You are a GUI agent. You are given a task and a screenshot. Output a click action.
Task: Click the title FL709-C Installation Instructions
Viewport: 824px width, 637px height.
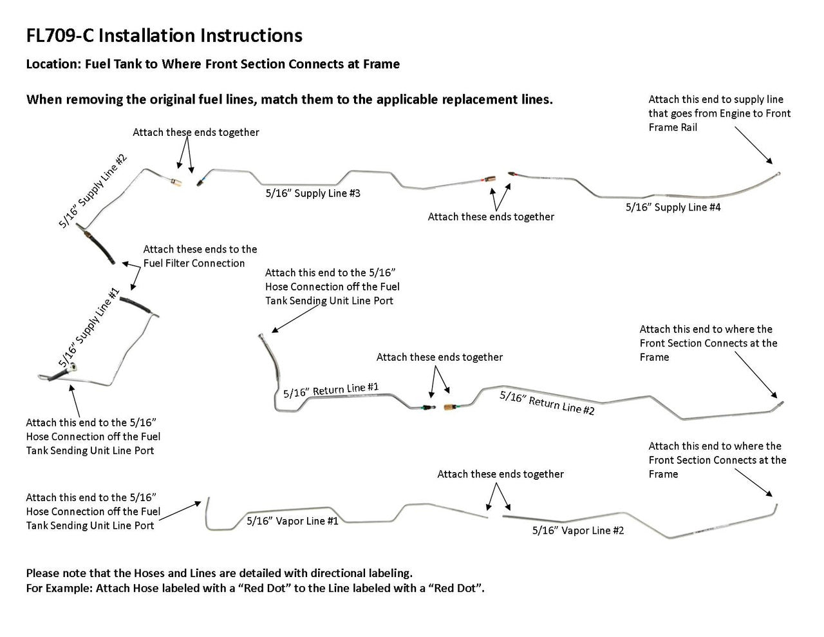point(164,35)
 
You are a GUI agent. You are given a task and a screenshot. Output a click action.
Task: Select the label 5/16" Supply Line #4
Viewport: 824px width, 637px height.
point(673,207)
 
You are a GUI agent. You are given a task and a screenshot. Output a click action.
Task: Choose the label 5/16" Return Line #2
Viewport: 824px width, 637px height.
point(547,403)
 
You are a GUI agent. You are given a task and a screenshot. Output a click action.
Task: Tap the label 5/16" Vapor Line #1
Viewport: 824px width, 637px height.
point(292,521)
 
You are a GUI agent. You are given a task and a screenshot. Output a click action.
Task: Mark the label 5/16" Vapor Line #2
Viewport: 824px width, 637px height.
point(578,531)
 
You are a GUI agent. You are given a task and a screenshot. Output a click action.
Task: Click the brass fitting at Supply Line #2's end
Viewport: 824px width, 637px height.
point(175,181)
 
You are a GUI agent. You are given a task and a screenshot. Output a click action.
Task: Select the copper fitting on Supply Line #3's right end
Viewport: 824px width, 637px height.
point(491,178)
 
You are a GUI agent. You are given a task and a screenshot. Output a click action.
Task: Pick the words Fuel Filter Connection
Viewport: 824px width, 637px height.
point(194,263)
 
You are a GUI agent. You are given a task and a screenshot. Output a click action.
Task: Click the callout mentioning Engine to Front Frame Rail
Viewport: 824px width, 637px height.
point(719,113)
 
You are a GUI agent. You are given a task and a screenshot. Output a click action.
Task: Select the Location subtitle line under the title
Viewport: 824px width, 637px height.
point(212,64)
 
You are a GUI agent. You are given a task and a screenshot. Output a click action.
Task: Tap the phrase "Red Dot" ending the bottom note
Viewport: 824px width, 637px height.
point(458,589)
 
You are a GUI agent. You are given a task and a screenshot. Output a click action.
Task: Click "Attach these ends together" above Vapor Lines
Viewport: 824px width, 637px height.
point(500,474)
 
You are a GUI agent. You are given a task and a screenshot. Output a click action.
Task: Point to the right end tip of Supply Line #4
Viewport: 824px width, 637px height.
point(778,173)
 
